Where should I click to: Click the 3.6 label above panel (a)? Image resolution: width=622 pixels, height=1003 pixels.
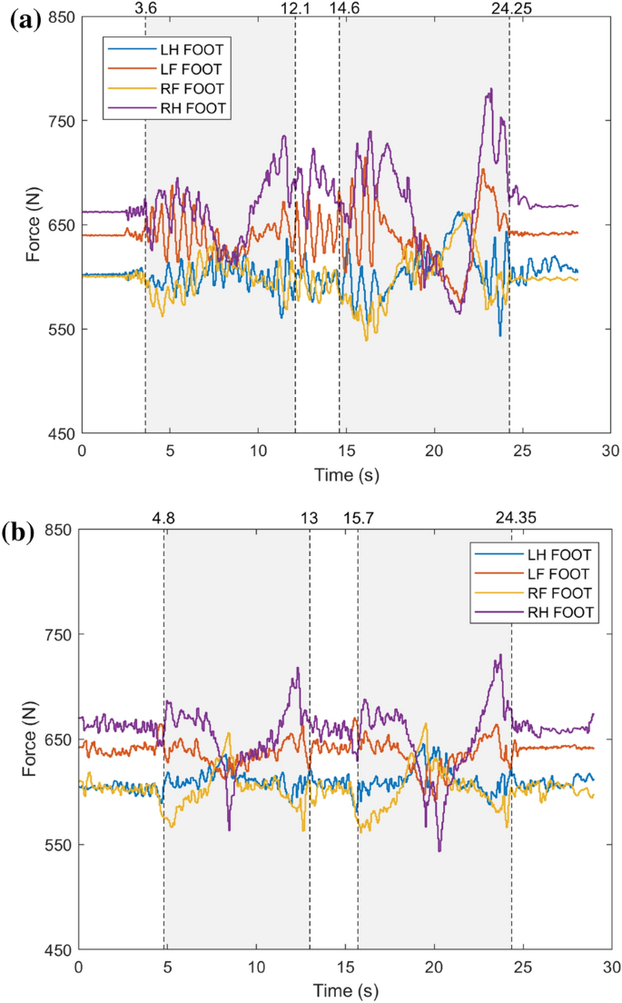coord(145,7)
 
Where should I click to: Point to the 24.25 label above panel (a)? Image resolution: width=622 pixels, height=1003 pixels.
coord(508,7)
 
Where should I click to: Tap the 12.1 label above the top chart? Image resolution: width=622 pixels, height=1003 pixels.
coord(294,7)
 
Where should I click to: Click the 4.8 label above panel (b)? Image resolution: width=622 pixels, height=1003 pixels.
coord(163,519)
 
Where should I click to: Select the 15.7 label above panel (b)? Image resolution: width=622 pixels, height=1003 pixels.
coord(359,519)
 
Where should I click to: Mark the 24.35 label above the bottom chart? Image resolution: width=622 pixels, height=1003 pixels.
coord(511,519)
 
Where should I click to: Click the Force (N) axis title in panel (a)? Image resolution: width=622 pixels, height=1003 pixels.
coord(33,224)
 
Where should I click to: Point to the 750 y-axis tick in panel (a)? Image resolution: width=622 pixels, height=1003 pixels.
coord(60,121)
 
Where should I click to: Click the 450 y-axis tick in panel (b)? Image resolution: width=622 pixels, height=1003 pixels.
coord(60,949)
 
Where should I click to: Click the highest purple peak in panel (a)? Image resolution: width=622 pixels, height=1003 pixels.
coord(490,89)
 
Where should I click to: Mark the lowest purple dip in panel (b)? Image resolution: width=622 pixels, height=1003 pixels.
coord(439,850)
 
